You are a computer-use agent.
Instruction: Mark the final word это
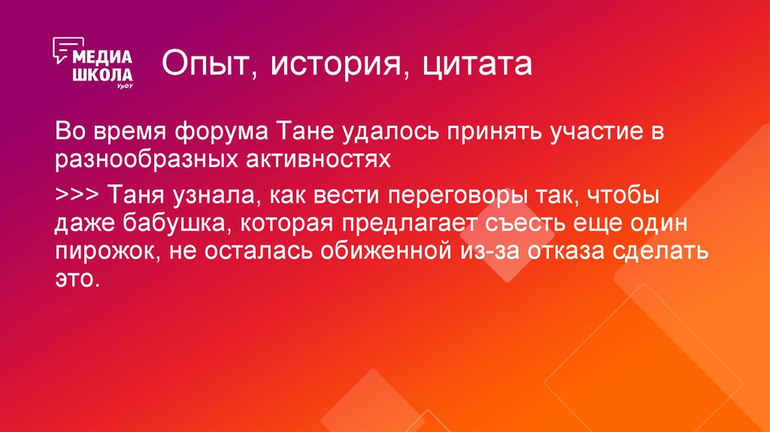coord(76,277)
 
